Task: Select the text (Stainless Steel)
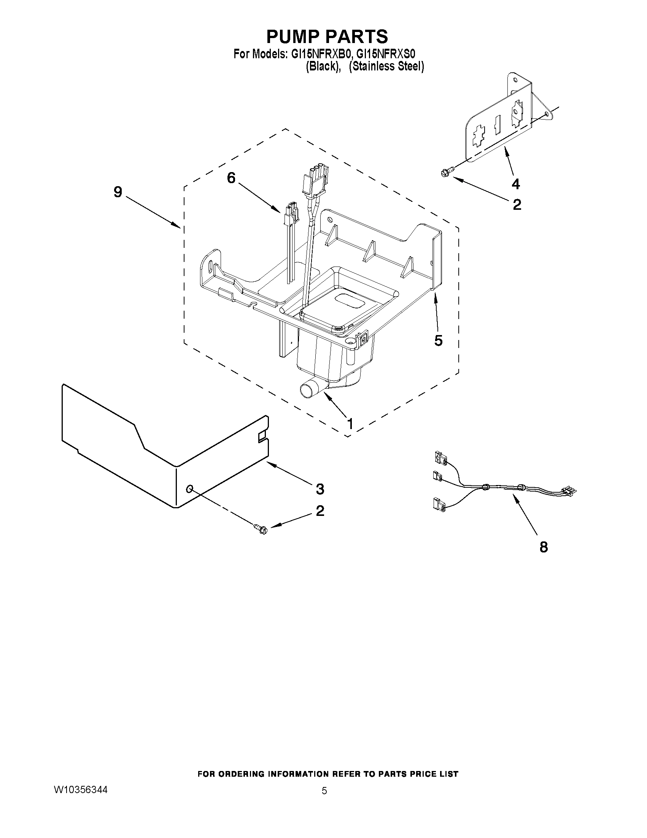386,66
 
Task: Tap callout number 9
118,192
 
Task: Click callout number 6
231,178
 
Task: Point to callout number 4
516,184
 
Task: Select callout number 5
439,340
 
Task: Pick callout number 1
350,424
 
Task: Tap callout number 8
544,547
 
